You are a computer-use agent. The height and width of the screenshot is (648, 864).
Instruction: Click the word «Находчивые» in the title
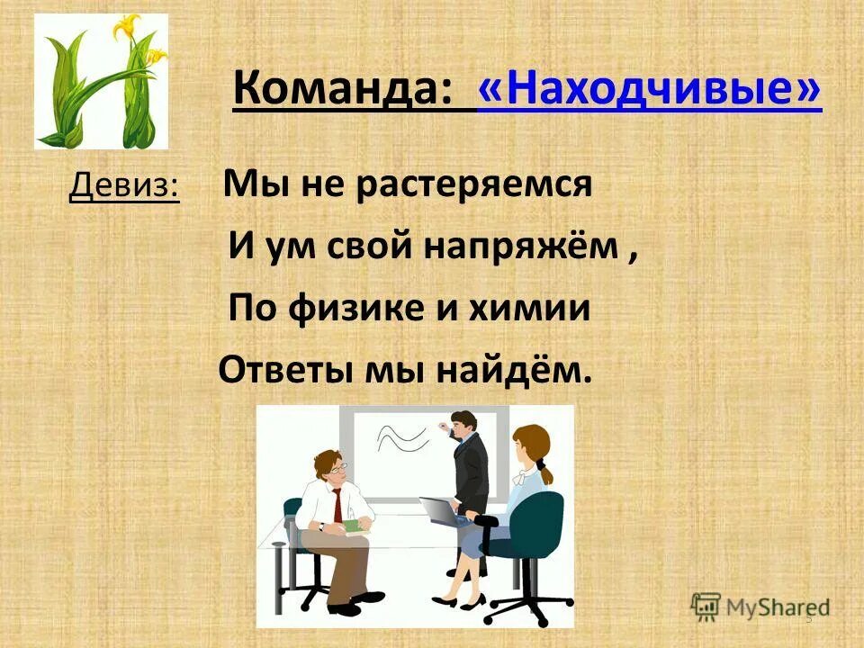tap(650, 91)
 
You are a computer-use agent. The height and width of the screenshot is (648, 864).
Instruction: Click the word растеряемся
tap(473, 186)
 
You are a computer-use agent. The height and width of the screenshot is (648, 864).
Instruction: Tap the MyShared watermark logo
tap(760, 606)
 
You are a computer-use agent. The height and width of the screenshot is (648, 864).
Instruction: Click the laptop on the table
tap(442, 512)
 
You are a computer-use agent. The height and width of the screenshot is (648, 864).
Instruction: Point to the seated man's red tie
tap(337, 505)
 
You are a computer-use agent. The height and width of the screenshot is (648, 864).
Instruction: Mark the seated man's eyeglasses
tap(337, 470)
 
